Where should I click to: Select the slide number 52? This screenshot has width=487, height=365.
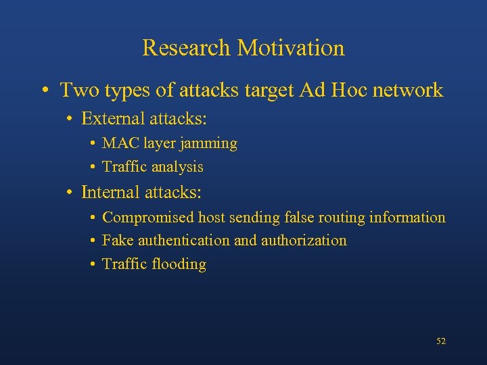(x=441, y=341)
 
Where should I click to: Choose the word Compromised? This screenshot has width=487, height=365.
(x=148, y=218)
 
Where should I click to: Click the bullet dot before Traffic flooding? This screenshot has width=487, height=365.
(x=91, y=264)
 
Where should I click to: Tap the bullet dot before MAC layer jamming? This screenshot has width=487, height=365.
(x=91, y=144)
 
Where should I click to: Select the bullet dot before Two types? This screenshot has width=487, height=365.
(x=44, y=91)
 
